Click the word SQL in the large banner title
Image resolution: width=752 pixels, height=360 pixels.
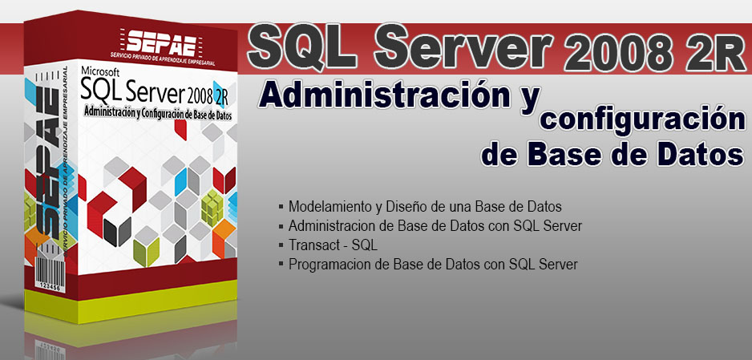[x=302, y=48]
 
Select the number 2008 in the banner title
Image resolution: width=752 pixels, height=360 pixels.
[x=619, y=53]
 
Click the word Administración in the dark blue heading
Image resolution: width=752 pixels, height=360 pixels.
[x=385, y=95]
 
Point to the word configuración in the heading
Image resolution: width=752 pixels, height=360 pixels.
[x=643, y=120]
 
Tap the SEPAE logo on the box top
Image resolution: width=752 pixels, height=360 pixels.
[x=161, y=44]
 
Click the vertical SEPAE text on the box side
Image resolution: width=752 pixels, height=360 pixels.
[x=47, y=164]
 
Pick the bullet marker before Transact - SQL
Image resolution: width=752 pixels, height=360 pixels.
[x=281, y=245]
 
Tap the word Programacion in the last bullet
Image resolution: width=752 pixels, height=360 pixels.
[x=328, y=264]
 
